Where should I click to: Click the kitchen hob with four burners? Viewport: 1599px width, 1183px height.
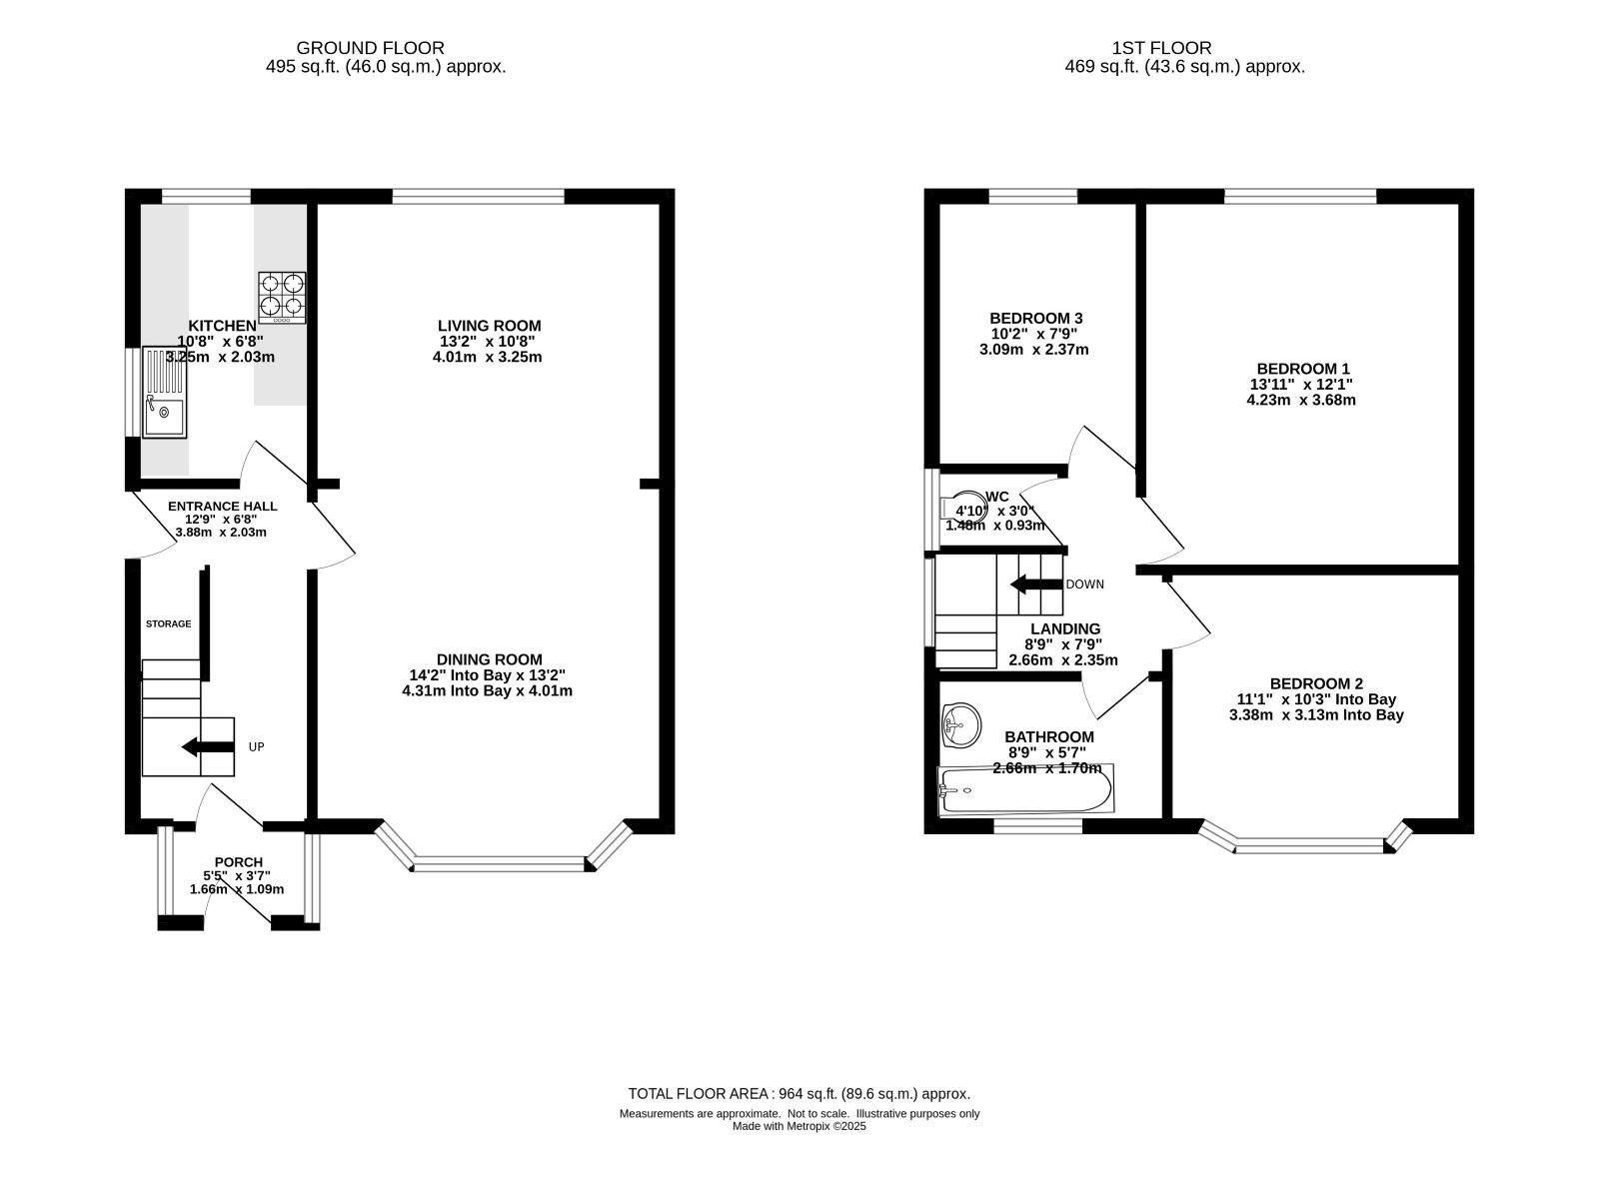(281, 297)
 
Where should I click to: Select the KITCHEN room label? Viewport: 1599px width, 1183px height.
(222, 326)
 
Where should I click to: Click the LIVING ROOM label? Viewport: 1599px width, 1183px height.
(489, 326)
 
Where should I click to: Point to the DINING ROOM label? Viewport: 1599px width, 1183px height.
(489, 658)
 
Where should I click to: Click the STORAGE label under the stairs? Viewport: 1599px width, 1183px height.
(168, 623)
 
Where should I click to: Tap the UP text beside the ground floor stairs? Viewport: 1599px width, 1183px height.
(256, 746)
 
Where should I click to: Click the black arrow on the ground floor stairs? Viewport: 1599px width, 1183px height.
(208, 746)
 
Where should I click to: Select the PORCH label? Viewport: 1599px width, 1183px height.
(239, 861)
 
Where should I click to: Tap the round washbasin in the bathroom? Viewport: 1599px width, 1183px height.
(961, 725)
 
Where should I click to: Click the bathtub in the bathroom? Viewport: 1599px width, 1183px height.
(1024, 790)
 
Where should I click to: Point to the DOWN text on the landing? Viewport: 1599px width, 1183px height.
(1084, 584)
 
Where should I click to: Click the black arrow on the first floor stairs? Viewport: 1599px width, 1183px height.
(1036, 584)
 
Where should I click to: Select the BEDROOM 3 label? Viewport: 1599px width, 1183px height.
(1036, 318)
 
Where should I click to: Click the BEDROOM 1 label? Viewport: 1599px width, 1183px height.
(1303, 369)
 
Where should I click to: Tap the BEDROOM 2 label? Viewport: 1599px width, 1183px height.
(1316, 683)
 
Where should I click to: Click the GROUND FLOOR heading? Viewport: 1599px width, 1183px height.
(370, 48)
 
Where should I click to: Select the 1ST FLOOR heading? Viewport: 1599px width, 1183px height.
(1161, 48)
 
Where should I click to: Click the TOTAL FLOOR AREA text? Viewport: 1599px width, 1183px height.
(799, 1094)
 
